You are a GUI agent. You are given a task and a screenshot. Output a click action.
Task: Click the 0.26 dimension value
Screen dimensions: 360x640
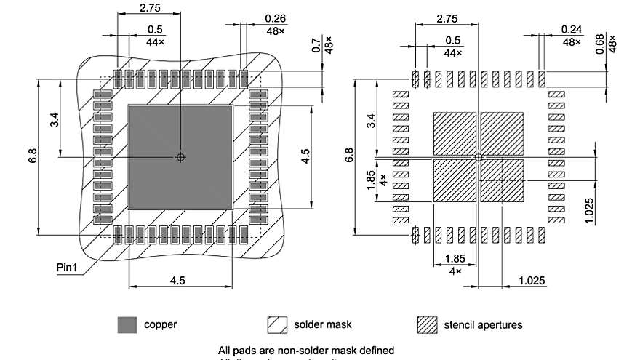click(x=275, y=18)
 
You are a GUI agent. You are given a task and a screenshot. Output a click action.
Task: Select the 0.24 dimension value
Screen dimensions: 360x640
click(x=572, y=29)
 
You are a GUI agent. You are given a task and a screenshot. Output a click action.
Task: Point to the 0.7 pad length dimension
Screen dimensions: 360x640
click(x=316, y=45)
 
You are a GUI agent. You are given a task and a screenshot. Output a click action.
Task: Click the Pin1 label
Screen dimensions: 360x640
click(x=67, y=267)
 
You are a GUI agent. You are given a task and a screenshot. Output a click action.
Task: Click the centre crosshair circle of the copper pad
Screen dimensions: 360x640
click(x=180, y=157)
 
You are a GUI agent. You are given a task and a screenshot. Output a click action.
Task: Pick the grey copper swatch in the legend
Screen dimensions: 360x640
click(x=127, y=324)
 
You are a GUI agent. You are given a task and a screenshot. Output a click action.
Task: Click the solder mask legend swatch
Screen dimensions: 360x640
click(x=278, y=324)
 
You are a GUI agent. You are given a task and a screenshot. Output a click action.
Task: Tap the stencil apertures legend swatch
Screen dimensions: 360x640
click(x=427, y=324)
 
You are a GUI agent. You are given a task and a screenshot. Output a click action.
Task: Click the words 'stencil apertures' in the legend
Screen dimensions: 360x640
click(x=483, y=324)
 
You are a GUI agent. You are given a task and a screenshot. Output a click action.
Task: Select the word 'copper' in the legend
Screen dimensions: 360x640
click(x=160, y=324)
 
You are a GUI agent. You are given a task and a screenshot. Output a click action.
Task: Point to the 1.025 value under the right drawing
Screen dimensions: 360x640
click(x=533, y=280)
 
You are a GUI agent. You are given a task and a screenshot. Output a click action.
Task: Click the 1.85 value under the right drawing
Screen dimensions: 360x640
click(x=455, y=258)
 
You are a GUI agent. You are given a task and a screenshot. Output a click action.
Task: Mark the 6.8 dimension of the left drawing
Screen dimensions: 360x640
click(x=33, y=156)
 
